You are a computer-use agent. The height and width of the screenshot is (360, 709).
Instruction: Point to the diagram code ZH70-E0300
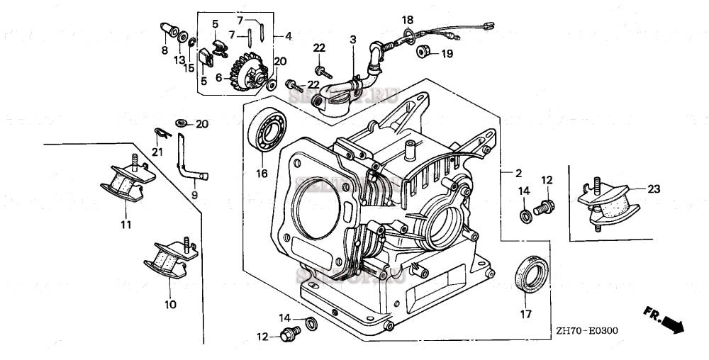(x=587, y=331)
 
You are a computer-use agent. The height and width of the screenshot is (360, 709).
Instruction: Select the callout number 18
(x=408, y=19)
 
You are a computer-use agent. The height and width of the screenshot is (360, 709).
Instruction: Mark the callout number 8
(x=164, y=50)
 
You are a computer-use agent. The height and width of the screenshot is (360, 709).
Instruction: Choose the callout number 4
(x=288, y=35)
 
